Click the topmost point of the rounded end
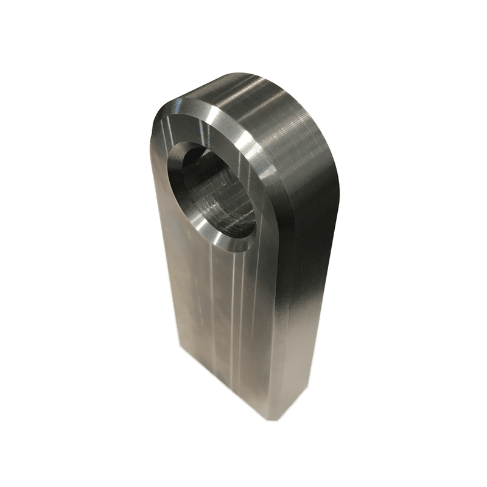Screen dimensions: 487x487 click(x=243, y=74)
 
